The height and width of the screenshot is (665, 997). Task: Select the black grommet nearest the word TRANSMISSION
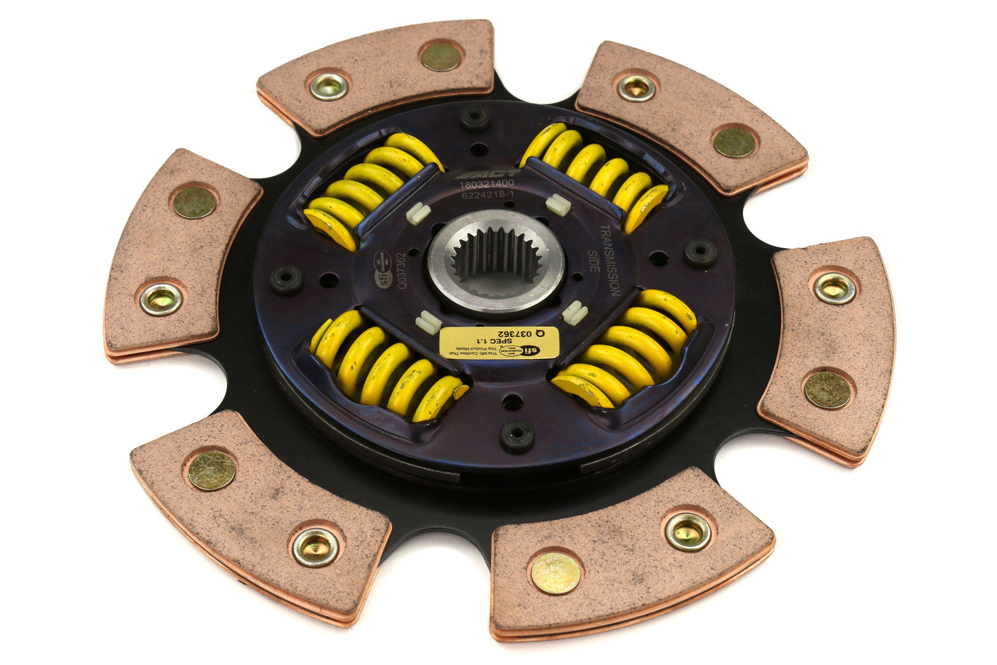tap(700, 253)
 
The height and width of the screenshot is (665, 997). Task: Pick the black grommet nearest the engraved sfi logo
tap(286, 280)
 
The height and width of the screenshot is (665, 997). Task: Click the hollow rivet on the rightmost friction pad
tap(833, 287)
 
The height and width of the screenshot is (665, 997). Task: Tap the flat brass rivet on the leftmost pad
tap(193, 202)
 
